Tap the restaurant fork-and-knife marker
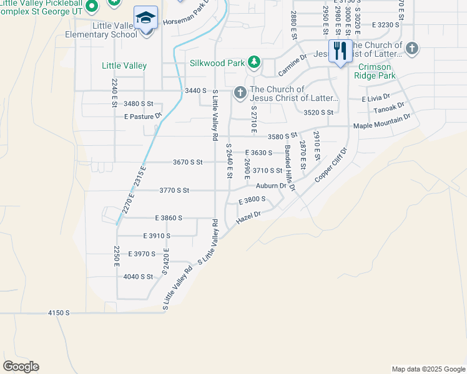coord(340,51)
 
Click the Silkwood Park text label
coord(217,63)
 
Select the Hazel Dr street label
coord(248,218)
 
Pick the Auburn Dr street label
coord(270,185)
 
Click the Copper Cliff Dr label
coord(330,165)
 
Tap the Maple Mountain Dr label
coord(381,122)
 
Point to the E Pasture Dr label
coord(143,116)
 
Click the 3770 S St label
coord(174,190)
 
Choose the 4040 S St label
coord(138,276)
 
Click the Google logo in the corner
coord(21,367)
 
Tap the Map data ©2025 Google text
coord(428,369)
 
